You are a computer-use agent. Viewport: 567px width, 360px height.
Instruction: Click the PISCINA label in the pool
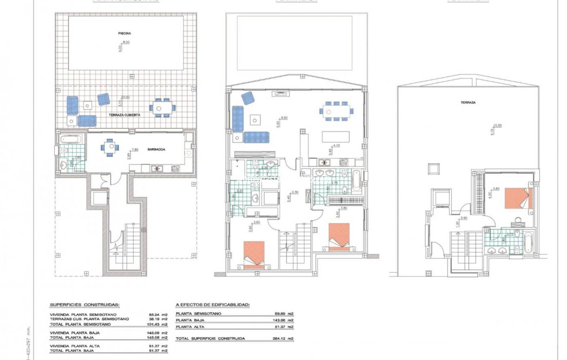tap(124, 33)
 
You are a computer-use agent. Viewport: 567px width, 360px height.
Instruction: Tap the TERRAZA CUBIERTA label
tap(124, 115)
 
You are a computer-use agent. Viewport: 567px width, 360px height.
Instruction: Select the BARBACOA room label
tap(156, 149)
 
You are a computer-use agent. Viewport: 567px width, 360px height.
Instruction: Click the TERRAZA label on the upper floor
tap(468, 103)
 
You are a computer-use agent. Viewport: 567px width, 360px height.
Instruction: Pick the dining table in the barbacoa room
tap(109, 147)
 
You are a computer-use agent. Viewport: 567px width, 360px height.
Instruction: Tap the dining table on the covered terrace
tap(159, 108)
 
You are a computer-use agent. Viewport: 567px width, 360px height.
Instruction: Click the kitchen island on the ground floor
tap(336, 136)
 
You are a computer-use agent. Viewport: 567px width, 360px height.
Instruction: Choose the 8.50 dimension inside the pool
tap(126, 42)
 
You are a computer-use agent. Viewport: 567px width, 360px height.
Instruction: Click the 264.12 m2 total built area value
tap(283, 338)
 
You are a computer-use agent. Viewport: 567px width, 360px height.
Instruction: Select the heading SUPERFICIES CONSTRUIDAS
tap(85, 305)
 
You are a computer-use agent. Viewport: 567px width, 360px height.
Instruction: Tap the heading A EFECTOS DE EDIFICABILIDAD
tap(212, 305)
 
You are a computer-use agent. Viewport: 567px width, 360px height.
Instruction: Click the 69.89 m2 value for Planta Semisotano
tap(283, 314)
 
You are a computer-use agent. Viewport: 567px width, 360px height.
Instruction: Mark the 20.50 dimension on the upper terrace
tap(497, 125)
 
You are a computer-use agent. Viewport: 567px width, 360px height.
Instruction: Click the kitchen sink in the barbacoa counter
tap(155, 168)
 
